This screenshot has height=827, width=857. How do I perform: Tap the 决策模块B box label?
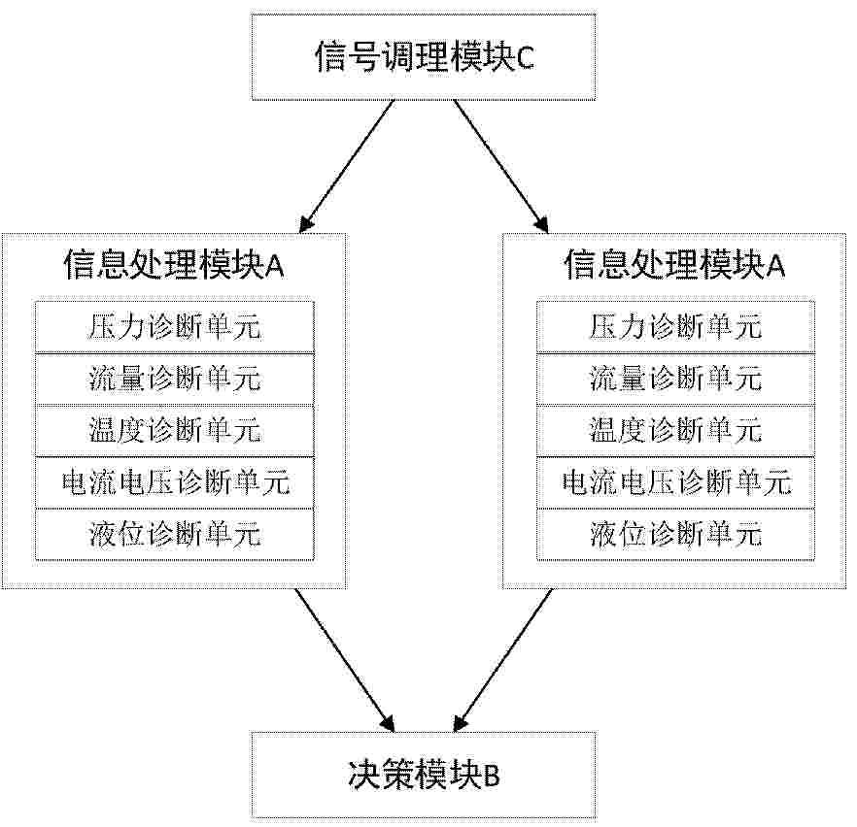point(424,775)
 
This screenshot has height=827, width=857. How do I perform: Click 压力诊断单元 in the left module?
point(175,327)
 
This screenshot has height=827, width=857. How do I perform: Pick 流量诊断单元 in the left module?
point(175,379)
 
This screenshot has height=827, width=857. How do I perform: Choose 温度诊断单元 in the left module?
point(175,430)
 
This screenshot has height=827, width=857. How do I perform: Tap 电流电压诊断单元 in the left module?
point(175,481)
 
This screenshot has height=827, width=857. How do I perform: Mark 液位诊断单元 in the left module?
point(175,533)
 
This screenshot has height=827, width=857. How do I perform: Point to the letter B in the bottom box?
point(492,777)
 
